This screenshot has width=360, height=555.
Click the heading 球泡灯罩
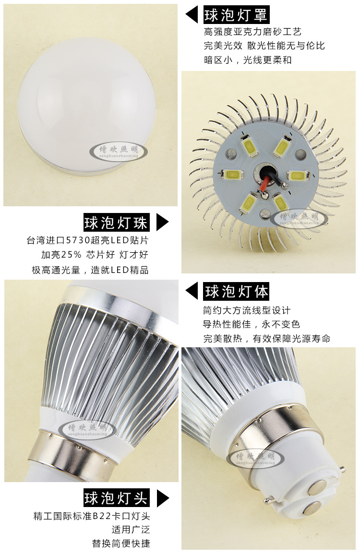coord(236,15)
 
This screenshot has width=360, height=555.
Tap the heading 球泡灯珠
coord(116,222)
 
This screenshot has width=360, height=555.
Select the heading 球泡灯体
coord(236,291)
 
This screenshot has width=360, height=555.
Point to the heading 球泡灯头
coord(116,497)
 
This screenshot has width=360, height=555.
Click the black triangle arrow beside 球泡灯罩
coord(192,15)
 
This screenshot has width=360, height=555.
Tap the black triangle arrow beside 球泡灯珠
coord(162,222)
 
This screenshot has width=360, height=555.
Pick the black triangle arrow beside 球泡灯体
coord(192,291)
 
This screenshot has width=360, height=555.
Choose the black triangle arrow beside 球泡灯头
coord(162,497)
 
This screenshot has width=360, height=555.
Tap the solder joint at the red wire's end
coord(264,195)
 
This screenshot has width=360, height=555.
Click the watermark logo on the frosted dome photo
coord(119,151)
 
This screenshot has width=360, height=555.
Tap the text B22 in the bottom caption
coord(102,516)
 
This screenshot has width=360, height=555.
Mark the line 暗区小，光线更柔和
coord(248,60)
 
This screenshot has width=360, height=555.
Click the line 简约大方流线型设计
coord(247,310)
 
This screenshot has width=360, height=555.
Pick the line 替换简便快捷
coord(121,543)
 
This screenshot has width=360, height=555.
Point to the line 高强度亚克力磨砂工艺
coord(252,32)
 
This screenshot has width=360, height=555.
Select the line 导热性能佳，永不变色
coord(252,324)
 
